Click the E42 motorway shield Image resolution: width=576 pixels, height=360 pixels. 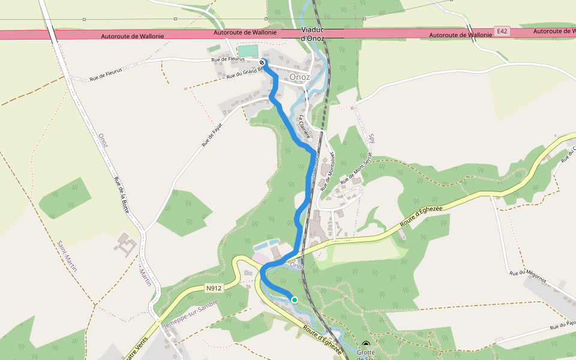pos(502,31)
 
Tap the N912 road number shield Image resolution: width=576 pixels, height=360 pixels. pos(213,288)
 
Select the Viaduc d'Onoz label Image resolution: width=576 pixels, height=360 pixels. pos(313,34)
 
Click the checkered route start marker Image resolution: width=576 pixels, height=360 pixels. pos(262,62)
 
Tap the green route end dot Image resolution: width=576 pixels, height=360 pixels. pos(294,299)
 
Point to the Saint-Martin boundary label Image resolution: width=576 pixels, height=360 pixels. pos(67,256)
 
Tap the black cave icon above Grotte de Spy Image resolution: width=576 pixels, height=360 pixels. pos(366,345)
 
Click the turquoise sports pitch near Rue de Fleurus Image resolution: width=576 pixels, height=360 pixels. pos(248,52)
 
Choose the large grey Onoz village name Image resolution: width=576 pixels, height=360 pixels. pos(299,77)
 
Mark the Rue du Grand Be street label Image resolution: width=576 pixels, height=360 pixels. pos(245,73)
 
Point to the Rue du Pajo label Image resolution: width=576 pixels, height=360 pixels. pos(563,326)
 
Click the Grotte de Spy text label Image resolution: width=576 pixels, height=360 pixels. pos(365,355)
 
